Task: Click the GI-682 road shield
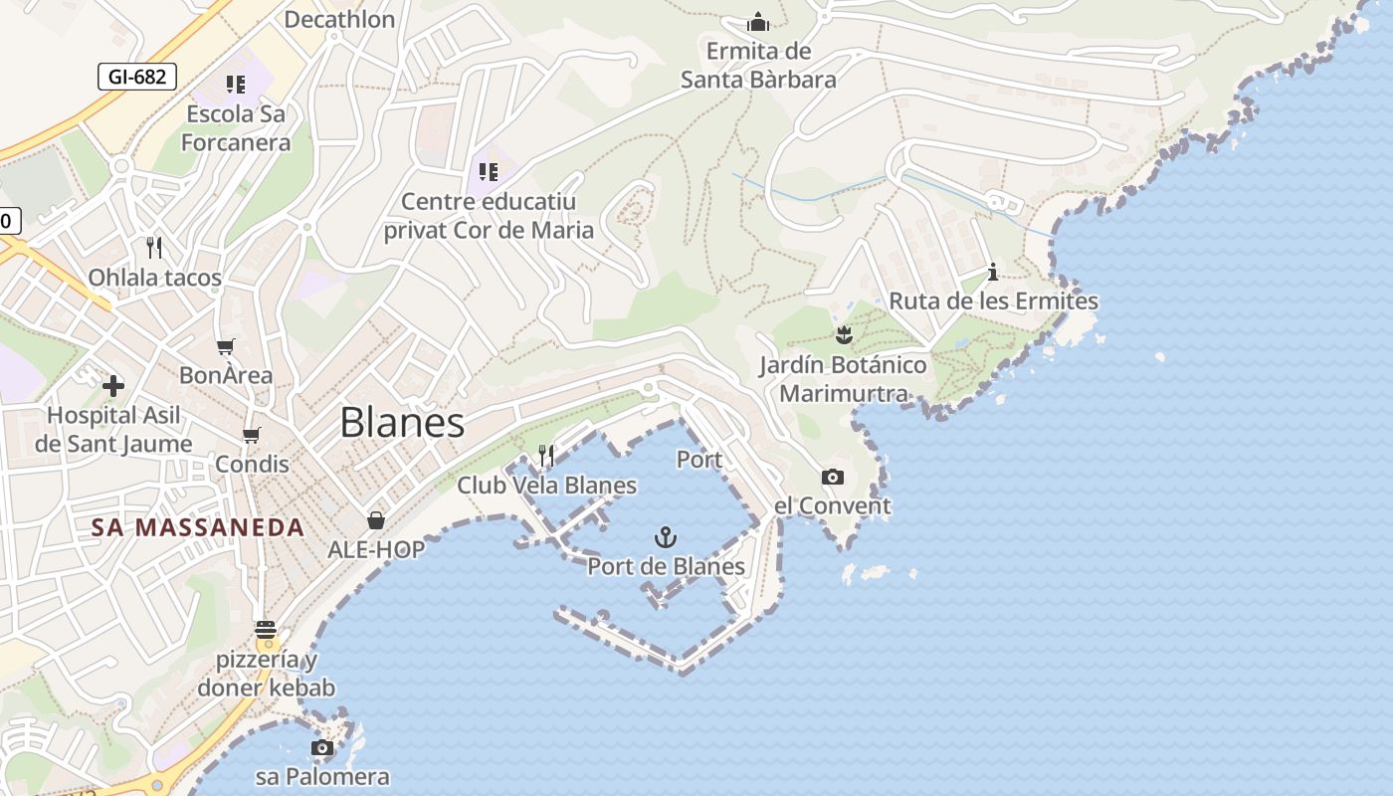137,77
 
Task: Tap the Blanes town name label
402,423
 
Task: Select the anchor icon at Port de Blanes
665,538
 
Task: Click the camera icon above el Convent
833,478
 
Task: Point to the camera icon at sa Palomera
321,748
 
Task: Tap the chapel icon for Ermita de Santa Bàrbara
758,22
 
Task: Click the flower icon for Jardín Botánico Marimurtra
844,335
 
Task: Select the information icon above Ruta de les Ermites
992,272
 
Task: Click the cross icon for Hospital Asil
113,386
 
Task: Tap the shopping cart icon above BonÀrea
226,347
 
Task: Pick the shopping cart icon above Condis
252,435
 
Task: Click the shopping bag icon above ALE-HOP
376,520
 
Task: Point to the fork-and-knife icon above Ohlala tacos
154,248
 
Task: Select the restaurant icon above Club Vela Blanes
546,456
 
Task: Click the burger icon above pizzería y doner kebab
265,630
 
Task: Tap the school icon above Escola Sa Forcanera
235,85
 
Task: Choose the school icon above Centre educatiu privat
488,172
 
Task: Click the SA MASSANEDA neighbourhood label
198,527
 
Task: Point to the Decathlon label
339,19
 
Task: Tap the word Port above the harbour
699,460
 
